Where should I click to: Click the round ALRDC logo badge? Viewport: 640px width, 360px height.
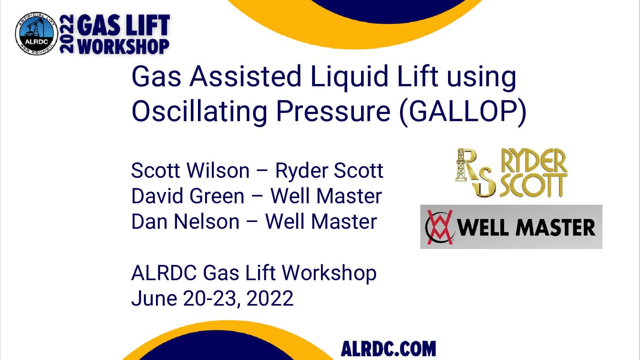(x=36, y=33)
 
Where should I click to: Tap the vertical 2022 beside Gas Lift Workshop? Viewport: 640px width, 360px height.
(x=67, y=34)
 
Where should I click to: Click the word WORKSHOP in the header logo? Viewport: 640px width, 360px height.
(x=123, y=46)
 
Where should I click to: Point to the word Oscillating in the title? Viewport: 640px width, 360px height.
(x=199, y=112)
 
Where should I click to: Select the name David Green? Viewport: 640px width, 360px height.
(x=188, y=196)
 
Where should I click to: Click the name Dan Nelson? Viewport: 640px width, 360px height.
(x=185, y=221)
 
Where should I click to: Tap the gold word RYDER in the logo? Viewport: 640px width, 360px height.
(x=534, y=160)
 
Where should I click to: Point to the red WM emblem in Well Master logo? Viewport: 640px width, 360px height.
(x=439, y=227)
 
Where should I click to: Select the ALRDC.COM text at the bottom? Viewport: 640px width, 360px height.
(x=388, y=349)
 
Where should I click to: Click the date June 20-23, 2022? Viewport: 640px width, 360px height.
(x=212, y=298)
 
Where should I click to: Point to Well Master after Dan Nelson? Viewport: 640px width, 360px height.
(x=321, y=221)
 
